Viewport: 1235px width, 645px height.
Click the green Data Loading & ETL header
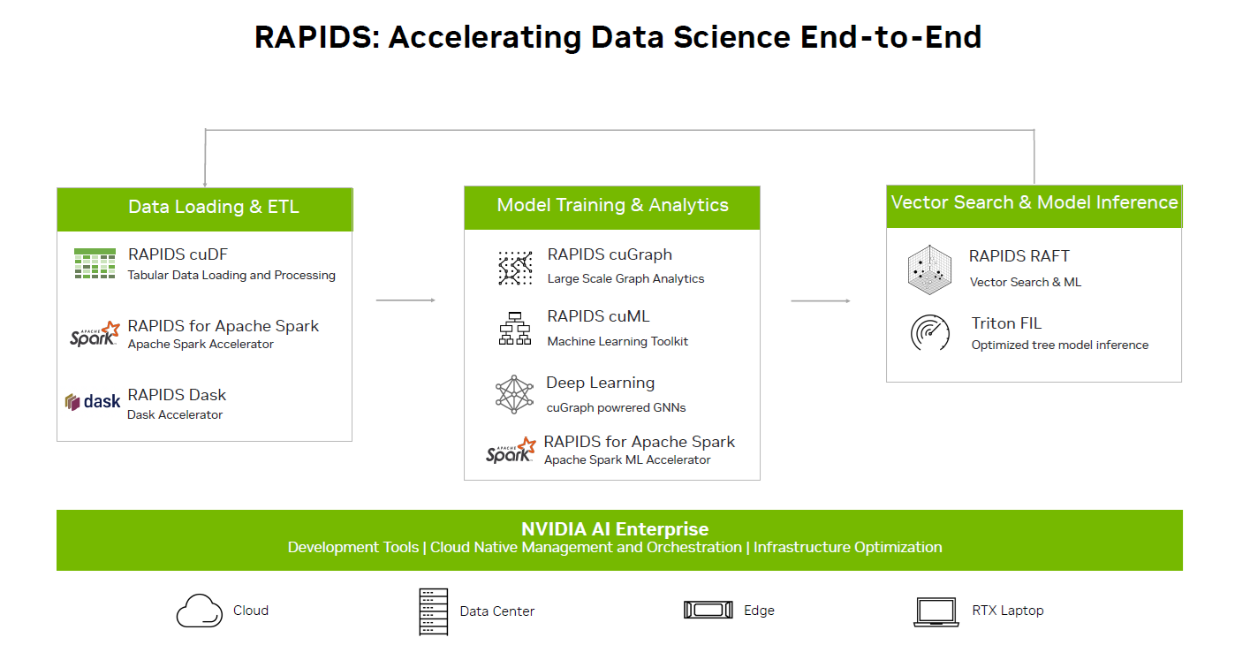(205, 209)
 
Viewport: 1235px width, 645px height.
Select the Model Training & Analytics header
(612, 208)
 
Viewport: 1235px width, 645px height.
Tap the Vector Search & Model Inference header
(1034, 206)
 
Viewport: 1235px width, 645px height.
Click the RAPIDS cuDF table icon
(95, 263)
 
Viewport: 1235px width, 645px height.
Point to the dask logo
(92, 401)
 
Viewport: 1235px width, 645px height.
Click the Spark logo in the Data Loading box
(95, 334)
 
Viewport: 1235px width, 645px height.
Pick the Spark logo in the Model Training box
(511, 450)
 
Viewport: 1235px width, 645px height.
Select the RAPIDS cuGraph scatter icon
(515, 269)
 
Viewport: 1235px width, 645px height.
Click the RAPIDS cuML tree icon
(515, 329)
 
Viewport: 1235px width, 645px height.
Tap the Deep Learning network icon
(514, 395)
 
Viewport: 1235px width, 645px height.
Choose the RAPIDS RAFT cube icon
(929, 269)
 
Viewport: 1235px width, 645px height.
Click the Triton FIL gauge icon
(930, 332)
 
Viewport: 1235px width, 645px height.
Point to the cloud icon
(200, 611)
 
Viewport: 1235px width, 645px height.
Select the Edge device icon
(708, 610)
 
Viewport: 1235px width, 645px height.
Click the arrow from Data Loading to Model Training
(405, 300)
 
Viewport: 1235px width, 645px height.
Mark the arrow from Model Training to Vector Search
(821, 301)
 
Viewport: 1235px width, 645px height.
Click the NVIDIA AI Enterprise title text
(615, 529)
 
